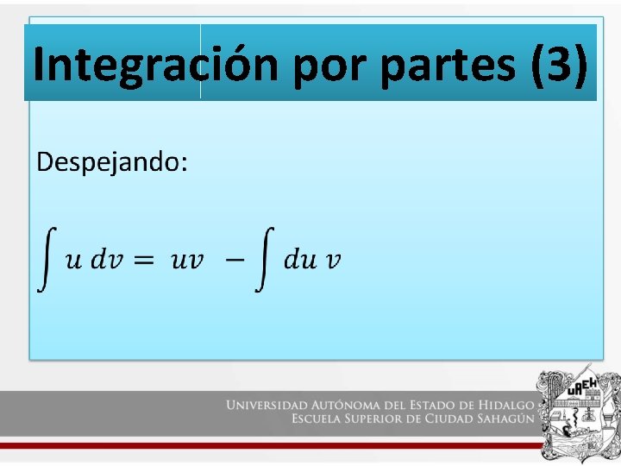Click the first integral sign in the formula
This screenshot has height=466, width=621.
click(47, 259)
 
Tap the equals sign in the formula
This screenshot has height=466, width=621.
click(144, 260)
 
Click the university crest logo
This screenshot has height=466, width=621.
click(577, 414)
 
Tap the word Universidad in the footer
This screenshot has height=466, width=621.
click(267, 404)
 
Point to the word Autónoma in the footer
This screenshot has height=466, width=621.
click(349, 404)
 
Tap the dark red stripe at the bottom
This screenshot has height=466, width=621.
click(267, 445)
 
